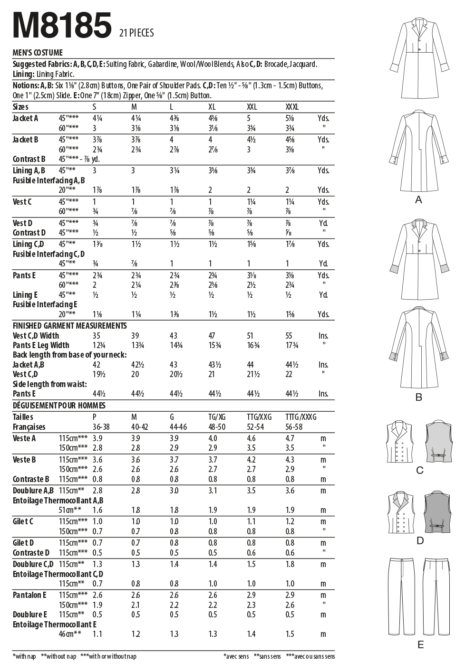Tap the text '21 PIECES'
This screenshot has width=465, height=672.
pyautogui.click(x=136, y=33)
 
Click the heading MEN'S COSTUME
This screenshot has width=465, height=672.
pyautogui.click(x=38, y=53)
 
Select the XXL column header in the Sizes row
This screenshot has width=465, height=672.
pyautogui.click(x=252, y=107)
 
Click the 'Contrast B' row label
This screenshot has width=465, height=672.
pyautogui.click(x=29, y=159)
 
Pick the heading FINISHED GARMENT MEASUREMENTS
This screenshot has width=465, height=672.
pyautogui.click(x=69, y=326)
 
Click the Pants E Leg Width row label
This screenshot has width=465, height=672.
pyautogui.click(x=41, y=345)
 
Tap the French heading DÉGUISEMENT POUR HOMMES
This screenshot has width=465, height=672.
pyautogui.click(x=59, y=406)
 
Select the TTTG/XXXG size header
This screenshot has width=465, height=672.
pyautogui.click(x=301, y=417)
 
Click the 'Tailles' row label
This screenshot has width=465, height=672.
pyautogui.click(x=23, y=417)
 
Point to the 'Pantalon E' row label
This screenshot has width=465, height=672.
pyautogui.click(x=29, y=595)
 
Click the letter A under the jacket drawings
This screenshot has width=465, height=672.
pyautogui.click(x=418, y=200)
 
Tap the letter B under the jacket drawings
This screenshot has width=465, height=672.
pyautogui.click(x=418, y=398)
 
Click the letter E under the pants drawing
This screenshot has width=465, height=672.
pyautogui.click(x=420, y=645)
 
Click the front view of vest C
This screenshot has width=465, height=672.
pyautogui.click(x=401, y=442)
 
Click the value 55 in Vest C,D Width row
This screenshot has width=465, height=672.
pyautogui.click(x=289, y=336)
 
